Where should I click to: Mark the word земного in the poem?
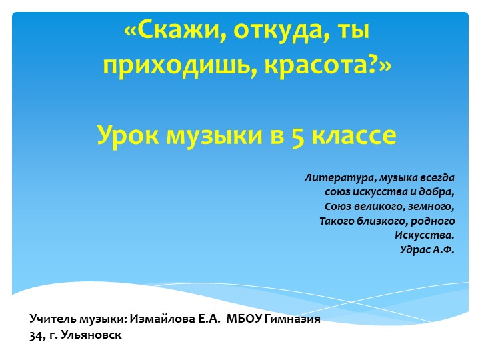(x=433, y=207)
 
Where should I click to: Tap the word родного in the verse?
(x=433, y=221)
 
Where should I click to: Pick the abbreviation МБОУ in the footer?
(x=245, y=319)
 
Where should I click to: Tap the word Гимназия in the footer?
(x=293, y=319)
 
